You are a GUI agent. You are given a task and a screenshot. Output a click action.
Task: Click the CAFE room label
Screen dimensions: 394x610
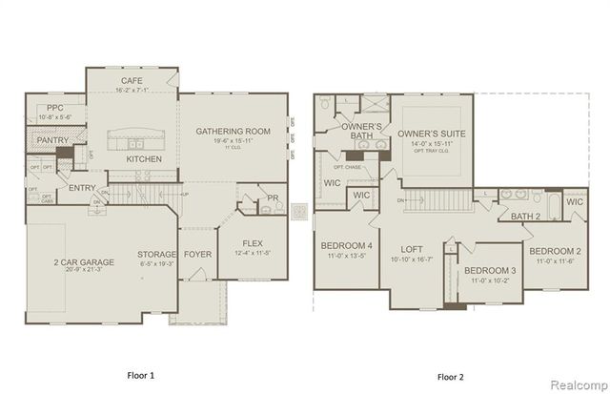point(132,81)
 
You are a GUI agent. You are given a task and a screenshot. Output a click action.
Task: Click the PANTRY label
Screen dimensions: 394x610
point(48,140)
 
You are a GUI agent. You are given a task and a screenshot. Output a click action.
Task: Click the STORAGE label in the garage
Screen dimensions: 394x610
point(156,254)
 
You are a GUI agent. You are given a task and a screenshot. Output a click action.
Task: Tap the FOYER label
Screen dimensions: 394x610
point(197,254)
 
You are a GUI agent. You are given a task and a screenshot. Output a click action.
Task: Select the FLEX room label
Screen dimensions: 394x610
point(253,242)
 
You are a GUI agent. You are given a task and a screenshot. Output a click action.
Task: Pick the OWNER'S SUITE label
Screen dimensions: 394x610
point(432,133)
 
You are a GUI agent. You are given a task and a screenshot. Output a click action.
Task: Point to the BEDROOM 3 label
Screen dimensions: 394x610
point(491,270)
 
